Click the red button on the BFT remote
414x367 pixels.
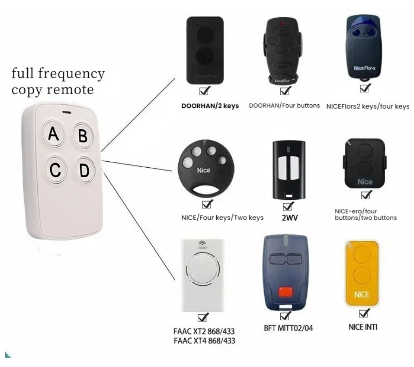(x=284, y=291)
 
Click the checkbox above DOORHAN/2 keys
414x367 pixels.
(x=204, y=90)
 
